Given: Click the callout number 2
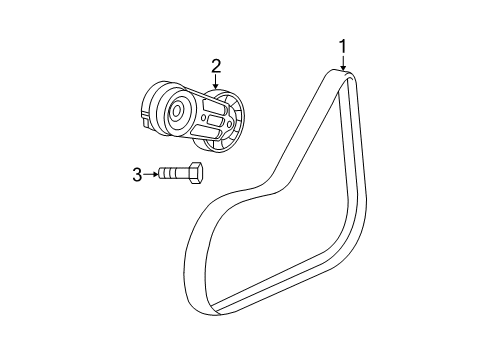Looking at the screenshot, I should tap(215, 65).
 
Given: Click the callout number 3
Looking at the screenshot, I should tap(138, 174).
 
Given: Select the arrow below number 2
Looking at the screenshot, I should tap(215, 84).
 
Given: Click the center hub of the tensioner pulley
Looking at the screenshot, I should tap(177, 111).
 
